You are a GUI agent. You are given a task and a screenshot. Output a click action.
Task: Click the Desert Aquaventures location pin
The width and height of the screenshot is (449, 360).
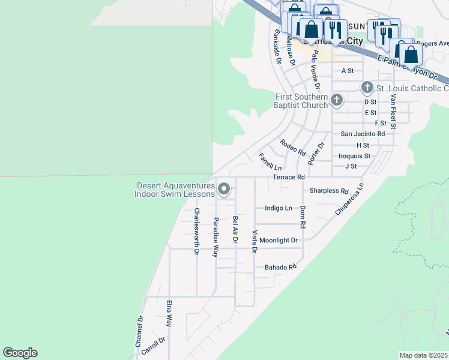coord(224,190)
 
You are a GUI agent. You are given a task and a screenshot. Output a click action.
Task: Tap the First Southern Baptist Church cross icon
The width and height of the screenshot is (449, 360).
coord(337,100)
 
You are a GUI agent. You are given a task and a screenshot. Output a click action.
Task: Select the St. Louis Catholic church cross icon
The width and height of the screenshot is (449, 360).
coord(368,88)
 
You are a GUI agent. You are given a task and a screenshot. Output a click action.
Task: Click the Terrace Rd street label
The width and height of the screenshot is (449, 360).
coord(289,178)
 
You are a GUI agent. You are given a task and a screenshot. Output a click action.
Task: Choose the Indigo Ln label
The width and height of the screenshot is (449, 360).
coord(279,208)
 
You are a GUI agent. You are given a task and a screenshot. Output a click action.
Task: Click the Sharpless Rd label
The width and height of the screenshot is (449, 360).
coord(329,191)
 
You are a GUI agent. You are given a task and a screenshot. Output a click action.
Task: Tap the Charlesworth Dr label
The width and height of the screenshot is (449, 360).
coord(196,232)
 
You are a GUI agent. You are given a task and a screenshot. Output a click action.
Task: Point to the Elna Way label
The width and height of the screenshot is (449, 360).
coord(170,312)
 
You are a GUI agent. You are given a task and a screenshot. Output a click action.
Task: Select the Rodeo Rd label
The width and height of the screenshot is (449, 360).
coord(293,146)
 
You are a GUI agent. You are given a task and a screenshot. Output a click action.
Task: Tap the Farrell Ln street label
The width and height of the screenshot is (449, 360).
coord(270,161)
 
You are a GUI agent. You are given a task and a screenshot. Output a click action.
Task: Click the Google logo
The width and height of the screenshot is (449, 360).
coord(20,353)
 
